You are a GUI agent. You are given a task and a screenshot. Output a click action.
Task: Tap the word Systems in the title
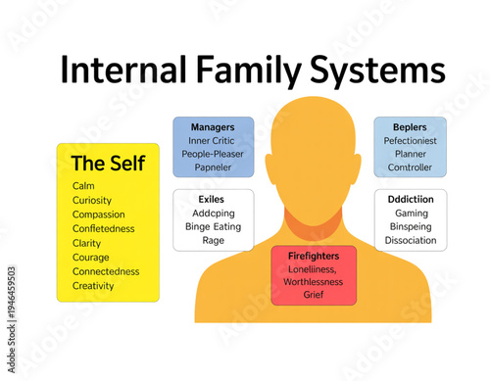tap(377, 71)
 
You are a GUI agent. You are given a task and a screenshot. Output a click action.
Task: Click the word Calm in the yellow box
tap(84, 185)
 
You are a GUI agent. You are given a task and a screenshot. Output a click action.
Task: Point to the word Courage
tap(92, 257)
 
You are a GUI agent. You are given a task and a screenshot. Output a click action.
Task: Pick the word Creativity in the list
tap(94, 286)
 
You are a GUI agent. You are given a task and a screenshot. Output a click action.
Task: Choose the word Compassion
tap(99, 214)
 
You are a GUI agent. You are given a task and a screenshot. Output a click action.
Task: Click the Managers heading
tap(213, 127)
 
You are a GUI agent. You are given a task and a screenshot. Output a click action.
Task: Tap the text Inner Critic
tap(214, 141)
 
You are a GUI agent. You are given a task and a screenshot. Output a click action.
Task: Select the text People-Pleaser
tap(214, 154)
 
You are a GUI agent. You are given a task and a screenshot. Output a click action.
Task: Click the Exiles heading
tap(213, 198)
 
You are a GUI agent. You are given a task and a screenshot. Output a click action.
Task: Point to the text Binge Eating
tap(214, 226)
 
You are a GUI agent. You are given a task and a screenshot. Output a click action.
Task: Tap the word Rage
tap(214, 240)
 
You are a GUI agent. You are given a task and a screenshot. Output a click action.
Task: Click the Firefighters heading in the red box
tap(314, 256)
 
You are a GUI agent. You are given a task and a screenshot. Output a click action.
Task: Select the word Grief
tap(314, 294)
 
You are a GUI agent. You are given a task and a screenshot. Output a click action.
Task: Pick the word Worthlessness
tap(314, 281)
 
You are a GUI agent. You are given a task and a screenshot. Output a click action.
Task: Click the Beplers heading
tap(410, 127)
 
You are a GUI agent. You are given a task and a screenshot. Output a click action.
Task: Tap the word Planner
tap(410, 155)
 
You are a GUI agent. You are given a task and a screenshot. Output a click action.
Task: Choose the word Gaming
tap(411, 213)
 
